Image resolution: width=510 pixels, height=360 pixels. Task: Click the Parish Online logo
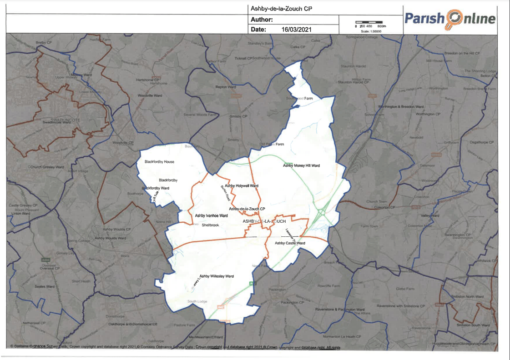pyautogui.click(x=449, y=19)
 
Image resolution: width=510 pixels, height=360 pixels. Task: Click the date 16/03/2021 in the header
pyautogui.click(x=296, y=30)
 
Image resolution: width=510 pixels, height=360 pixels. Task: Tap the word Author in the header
pyautogui.click(x=262, y=20)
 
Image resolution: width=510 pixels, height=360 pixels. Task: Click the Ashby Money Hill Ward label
pyautogui.click(x=301, y=166)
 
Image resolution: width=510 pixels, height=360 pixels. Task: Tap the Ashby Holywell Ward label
pyautogui.click(x=241, y=185)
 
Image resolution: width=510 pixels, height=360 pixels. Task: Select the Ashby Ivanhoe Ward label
pyautogui.click(x=211, y=215)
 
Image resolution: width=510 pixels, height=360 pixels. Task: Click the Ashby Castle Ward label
pyautogui.click(x=290, y=243)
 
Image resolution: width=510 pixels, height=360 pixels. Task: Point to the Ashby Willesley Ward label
pyautogui.click(x=217, y=276)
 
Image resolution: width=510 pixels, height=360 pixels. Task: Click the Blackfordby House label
pyautogui.click(x=159, y=162)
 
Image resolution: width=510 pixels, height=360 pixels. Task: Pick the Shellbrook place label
pyautogui.click(x=210, y=225)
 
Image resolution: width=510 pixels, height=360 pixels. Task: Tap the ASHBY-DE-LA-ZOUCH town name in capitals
pyautogui.click(x=264, y=221)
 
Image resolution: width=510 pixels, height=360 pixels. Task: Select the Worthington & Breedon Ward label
pyautogui.click(x=400, y=106)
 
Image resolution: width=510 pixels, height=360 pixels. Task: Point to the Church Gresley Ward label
pyautogui.click(x=47, y=167)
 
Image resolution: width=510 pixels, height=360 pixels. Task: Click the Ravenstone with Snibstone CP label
pyautogui.click(x=400, y=306)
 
